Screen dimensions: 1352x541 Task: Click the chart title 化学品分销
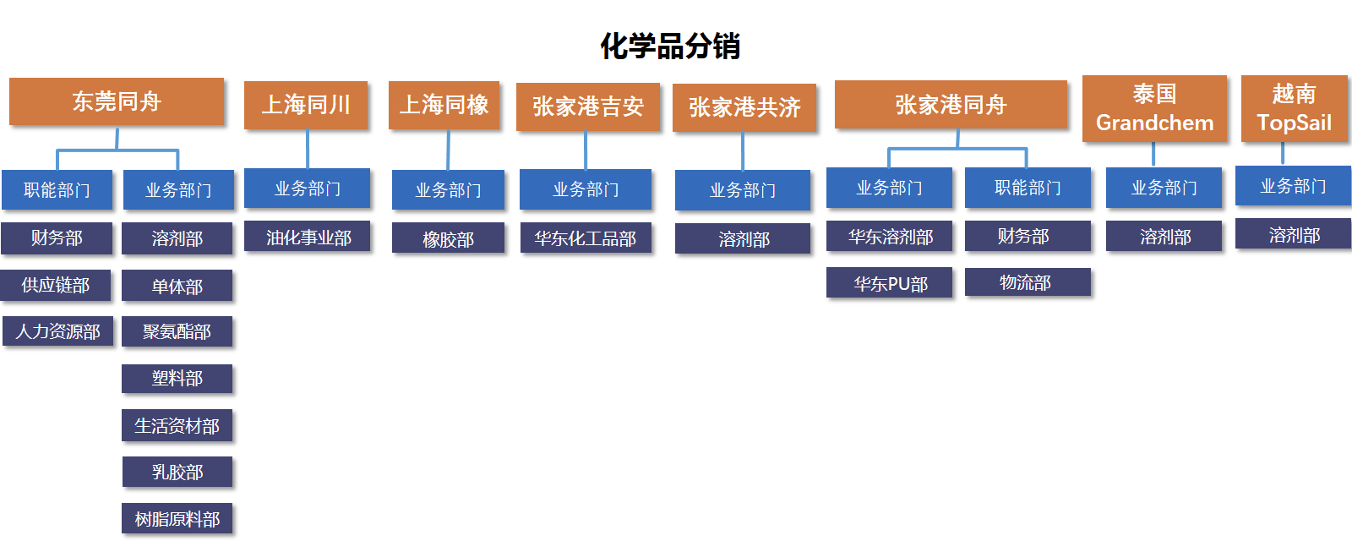tap(670, 46)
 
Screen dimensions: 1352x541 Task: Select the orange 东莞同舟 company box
tap(117, 101)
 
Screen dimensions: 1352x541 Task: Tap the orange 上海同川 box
tap(306, 105)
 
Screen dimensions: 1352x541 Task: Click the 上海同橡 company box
tap(444, 105)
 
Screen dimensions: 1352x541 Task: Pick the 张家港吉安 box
tap(588, 107)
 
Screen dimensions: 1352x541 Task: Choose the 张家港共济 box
tap(744, 107)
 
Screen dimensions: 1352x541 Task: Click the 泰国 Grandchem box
tap(1154, 109)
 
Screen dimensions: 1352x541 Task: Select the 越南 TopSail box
tap(1294, 109)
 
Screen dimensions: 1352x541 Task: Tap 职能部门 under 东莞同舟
tap(57, 189)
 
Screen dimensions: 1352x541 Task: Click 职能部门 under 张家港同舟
tap(1028, 188)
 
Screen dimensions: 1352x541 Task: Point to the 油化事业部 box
tap(308, 237)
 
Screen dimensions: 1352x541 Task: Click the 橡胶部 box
tap(448, 238)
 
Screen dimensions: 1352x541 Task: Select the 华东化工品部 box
tap(586, 238)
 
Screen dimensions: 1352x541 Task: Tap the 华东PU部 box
tap(889, 282)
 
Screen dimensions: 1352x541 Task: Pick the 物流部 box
tap(1028, 282)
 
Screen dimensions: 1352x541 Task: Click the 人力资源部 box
tap(58, 331)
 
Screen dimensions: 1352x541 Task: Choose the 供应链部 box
tap(56, 285)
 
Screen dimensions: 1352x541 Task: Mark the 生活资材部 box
tap(177, 426)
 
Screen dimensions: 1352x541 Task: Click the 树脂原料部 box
tap(177, 519)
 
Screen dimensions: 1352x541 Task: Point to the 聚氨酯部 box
tap(177, 331)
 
